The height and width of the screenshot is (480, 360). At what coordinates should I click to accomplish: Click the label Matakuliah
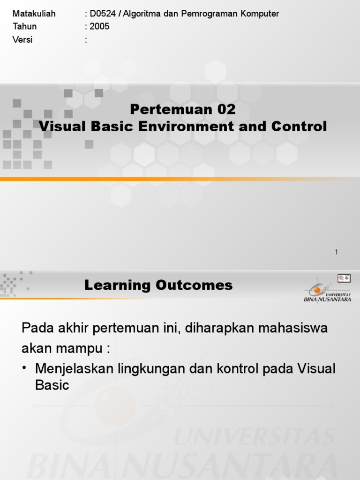pos(34,14)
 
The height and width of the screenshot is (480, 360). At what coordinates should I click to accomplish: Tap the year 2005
pos(100,27)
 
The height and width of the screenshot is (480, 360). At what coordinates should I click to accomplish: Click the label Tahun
pos(24,27)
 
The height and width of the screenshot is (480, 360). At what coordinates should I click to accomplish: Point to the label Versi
pos(22,40)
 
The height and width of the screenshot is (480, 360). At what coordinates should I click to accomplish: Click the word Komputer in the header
pos(261,14)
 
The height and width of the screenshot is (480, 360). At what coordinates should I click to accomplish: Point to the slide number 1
pos(336,252)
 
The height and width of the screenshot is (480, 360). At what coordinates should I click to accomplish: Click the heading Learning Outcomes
pos(158,285)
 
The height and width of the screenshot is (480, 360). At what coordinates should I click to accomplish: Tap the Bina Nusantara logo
pos(327,290)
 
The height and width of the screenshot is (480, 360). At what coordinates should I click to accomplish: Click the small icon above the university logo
pos(344,278)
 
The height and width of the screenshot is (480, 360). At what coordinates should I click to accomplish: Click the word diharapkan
pos(216,328)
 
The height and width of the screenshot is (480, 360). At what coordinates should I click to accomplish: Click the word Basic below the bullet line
pos(52,386)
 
